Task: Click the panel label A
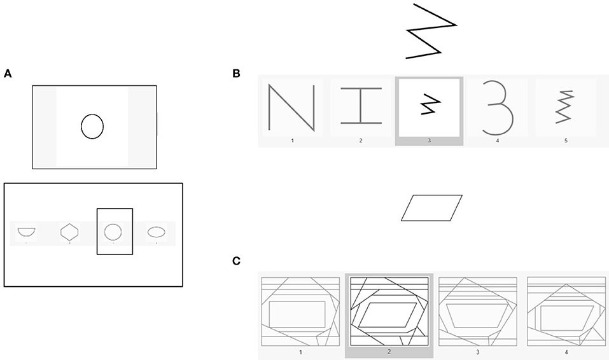coord(8,74)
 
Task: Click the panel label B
coord(236,74)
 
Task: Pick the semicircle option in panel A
coord(27,232)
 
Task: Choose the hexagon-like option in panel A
coord(69,232)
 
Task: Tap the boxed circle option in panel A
coord(113,231)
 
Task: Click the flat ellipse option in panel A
coord(157,232)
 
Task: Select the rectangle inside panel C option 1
coord(298,316)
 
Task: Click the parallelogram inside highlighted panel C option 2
coord(388,315)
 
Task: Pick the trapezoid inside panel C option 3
coord(479,316)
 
